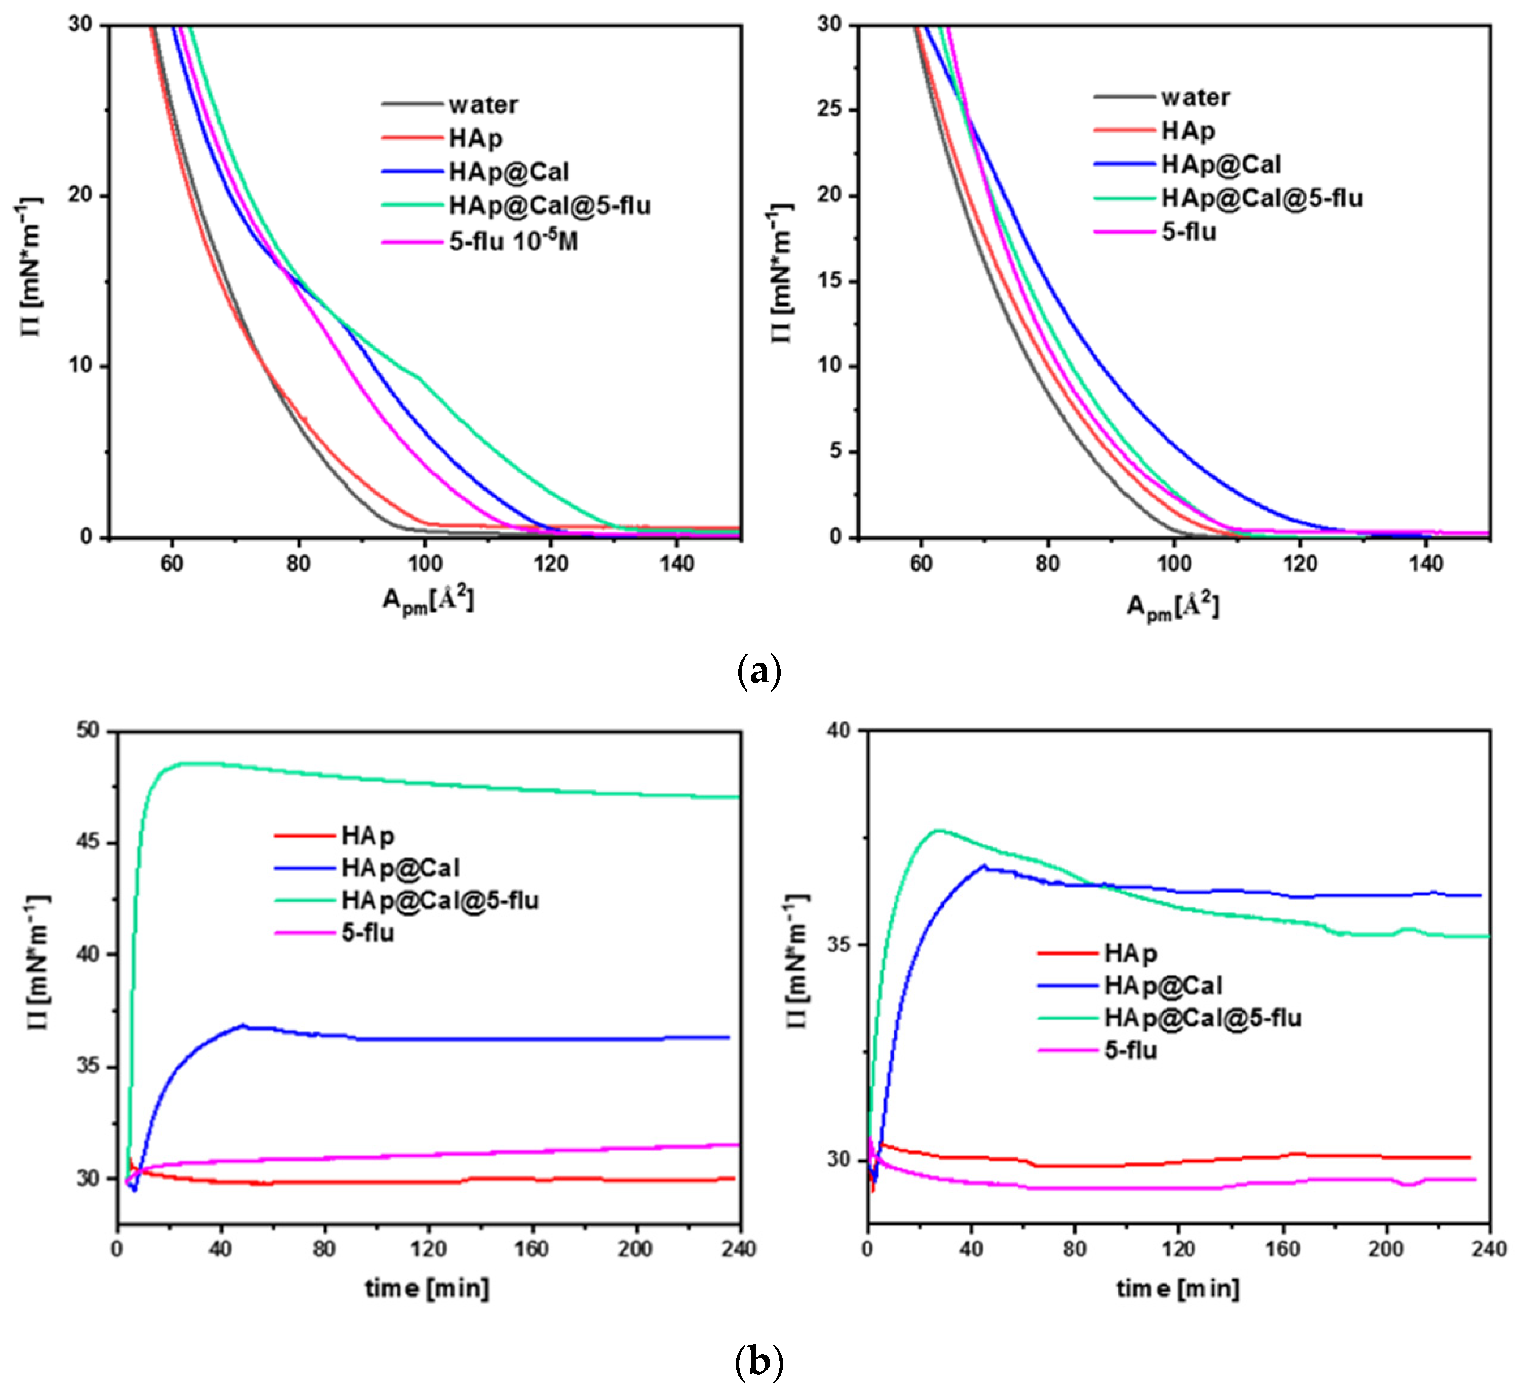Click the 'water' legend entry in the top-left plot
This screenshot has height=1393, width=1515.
pyautogui.click(x=482, y=105)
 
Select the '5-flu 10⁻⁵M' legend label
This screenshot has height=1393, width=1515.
pyautogui.click(x=513, y=241)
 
